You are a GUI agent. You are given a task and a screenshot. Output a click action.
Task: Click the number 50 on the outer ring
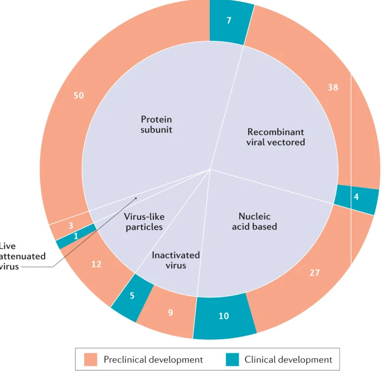tap(79, 95)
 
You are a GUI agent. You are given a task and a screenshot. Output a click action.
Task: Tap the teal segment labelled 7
tap(229, 21)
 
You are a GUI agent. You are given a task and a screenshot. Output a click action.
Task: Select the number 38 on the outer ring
tap(333, 87)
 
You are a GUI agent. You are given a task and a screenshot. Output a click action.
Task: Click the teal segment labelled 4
tap(356, 197)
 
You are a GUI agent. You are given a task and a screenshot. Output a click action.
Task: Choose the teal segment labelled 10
tap(224, 316)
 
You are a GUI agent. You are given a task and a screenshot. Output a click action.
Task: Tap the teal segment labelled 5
tap(132, 296)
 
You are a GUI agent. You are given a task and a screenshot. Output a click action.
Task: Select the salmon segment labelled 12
tap(96, 264)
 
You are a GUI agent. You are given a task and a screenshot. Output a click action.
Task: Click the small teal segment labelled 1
tap(76, 237)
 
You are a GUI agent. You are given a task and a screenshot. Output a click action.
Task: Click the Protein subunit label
tap(156, 124)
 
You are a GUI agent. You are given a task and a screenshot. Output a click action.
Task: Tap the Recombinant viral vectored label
tap(275, 137)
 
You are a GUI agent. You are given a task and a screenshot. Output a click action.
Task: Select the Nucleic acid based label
tap(257, 222)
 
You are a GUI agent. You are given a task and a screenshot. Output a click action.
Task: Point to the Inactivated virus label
tap(176, 260)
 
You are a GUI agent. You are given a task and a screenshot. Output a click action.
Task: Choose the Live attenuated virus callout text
tap(22, 256)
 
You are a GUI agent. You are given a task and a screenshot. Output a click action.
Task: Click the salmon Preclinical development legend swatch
tap(91, 359)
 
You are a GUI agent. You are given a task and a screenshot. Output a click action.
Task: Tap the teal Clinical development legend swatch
tap(233, 359)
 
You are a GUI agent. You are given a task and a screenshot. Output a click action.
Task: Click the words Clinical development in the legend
tap(288, 360)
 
